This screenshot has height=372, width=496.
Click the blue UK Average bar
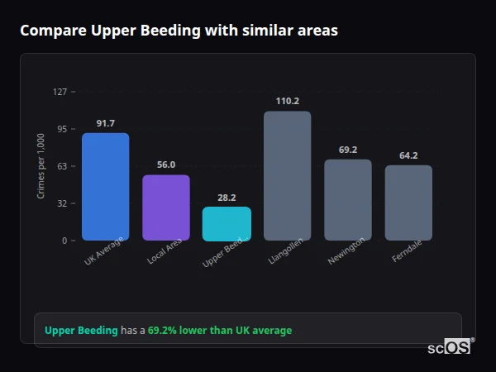click(105, 187)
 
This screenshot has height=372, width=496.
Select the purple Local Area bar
click(166, 207)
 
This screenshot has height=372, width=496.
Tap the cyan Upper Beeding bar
click(227, 224)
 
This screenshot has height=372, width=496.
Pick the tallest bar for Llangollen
click(287, 176)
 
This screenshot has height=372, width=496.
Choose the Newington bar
click(347, 200)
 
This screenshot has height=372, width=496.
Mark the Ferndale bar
click(408, 203)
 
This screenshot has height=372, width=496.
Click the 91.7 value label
click(105, 123)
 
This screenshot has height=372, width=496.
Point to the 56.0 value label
click(166, 165)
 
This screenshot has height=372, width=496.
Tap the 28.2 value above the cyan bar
click(227, 198)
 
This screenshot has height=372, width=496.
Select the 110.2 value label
click(287, 101)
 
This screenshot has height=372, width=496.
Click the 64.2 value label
click(408, 155)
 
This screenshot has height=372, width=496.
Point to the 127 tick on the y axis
click(60, 92)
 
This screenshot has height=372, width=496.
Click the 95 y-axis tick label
click(62, 129)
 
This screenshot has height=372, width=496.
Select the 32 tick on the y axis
click(62, 203)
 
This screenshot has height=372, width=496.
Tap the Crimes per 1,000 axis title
click(41, 166)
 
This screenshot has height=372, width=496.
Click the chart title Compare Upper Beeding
click(179, 31)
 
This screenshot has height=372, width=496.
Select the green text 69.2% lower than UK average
click(220, 331)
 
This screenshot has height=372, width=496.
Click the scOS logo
click(449, 348)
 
